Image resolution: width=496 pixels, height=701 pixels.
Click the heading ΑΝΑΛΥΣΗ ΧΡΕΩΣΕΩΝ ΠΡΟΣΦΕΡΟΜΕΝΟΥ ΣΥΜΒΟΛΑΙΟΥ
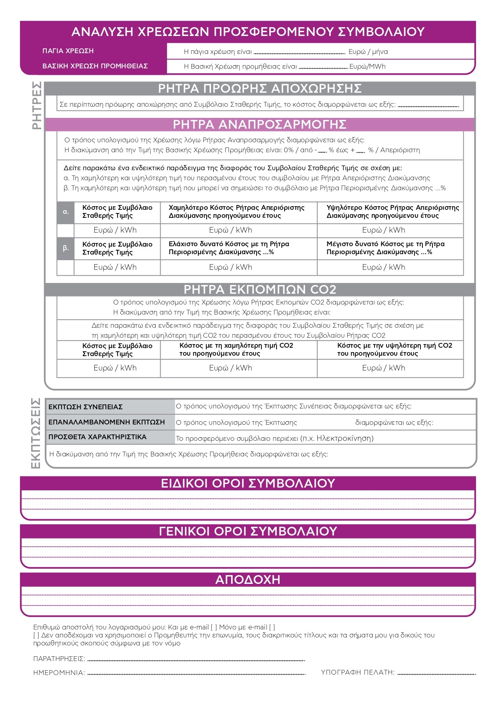tap(248, 32)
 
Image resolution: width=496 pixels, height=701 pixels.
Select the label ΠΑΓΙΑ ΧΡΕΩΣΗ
tap(68, 51)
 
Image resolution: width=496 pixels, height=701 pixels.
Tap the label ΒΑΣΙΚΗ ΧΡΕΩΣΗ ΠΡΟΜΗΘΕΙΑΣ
tap(95, 66)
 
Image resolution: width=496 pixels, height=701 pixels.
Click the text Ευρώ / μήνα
tap(368, 52)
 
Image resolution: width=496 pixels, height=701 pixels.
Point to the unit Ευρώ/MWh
tap(367, 66)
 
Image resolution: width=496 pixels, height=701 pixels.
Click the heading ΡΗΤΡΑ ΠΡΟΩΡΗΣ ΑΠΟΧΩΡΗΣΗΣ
tap(260, 88)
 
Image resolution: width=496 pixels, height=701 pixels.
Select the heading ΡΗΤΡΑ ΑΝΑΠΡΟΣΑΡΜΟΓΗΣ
tap(260, 124)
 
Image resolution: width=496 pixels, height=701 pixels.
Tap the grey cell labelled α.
tap(66, 212)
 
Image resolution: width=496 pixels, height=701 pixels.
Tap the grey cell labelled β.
tap(66, 248)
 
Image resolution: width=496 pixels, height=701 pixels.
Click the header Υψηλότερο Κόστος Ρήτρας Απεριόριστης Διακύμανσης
tap(392, 211)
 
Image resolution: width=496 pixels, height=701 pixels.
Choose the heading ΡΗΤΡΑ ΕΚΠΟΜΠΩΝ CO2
tap(260, 289)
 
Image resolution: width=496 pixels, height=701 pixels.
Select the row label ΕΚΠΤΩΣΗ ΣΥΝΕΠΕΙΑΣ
tap(85, 407)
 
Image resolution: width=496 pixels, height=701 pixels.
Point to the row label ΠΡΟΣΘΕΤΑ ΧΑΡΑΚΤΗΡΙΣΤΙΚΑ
tap(97, 437)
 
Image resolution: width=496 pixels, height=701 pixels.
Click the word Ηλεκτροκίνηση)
tap(345, 438)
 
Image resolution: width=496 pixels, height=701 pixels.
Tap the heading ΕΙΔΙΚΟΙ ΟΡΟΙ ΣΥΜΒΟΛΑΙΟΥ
tap(248, 483)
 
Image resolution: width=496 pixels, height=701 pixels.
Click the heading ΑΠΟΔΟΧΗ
tap(248, 580)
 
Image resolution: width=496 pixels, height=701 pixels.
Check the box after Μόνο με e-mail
tap(272, 627)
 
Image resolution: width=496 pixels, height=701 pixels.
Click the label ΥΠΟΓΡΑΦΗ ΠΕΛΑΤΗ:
tap(357, 672)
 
